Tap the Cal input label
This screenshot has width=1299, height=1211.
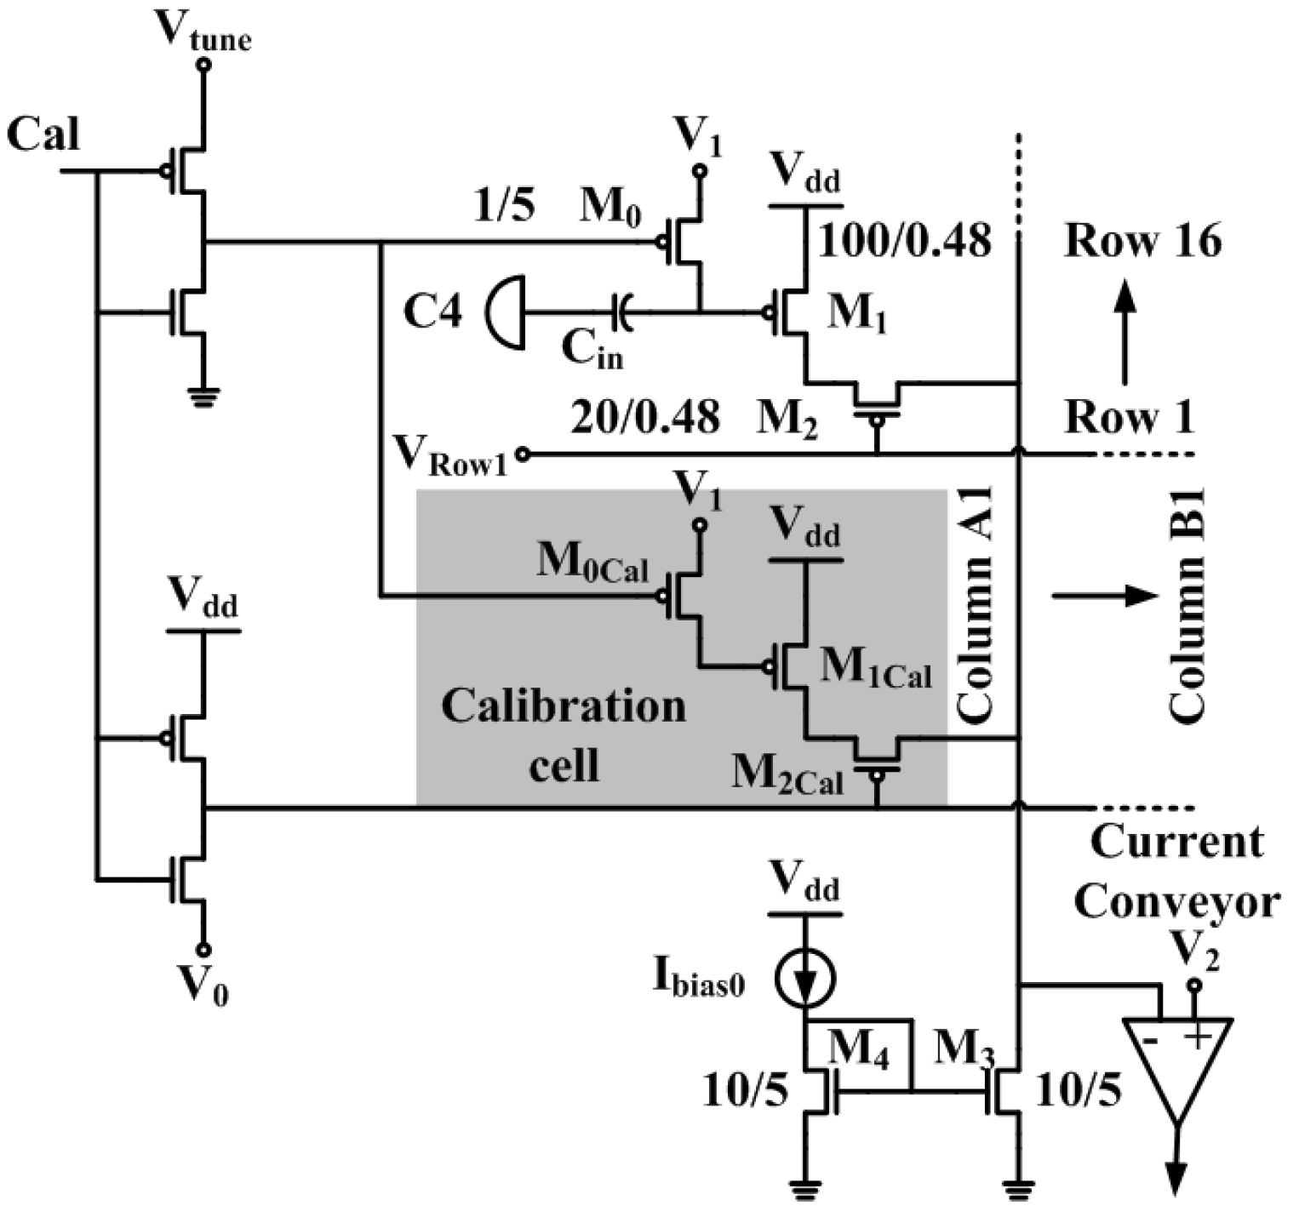(x=43, y=134)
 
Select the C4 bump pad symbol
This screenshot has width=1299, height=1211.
(x=505, y=311)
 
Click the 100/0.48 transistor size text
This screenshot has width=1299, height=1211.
(x=904, y=241)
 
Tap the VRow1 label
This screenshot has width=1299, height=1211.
(x=451, y=455)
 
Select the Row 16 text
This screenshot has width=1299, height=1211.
(x=1142, y=241)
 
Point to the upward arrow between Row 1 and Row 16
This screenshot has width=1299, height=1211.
(x=1125, y=332)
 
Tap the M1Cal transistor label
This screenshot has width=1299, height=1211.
(x=875, y=669)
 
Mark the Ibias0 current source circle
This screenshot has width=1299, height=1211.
(x=805, y=978)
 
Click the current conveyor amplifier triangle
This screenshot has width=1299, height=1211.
(x=1177, y=1064)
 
